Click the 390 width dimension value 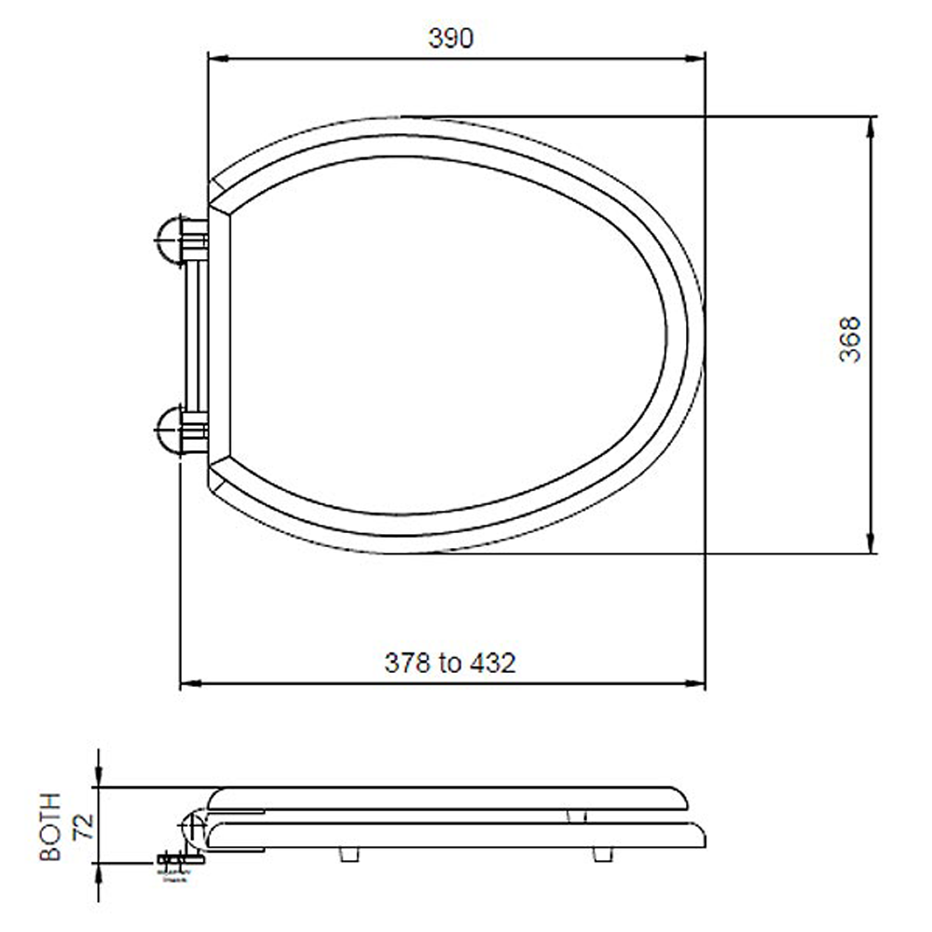(451, 38)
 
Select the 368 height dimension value (849, 338)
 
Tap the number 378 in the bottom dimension (407, 664)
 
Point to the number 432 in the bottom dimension (492, 664)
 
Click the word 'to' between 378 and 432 (450, 664)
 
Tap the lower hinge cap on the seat (173, 429)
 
